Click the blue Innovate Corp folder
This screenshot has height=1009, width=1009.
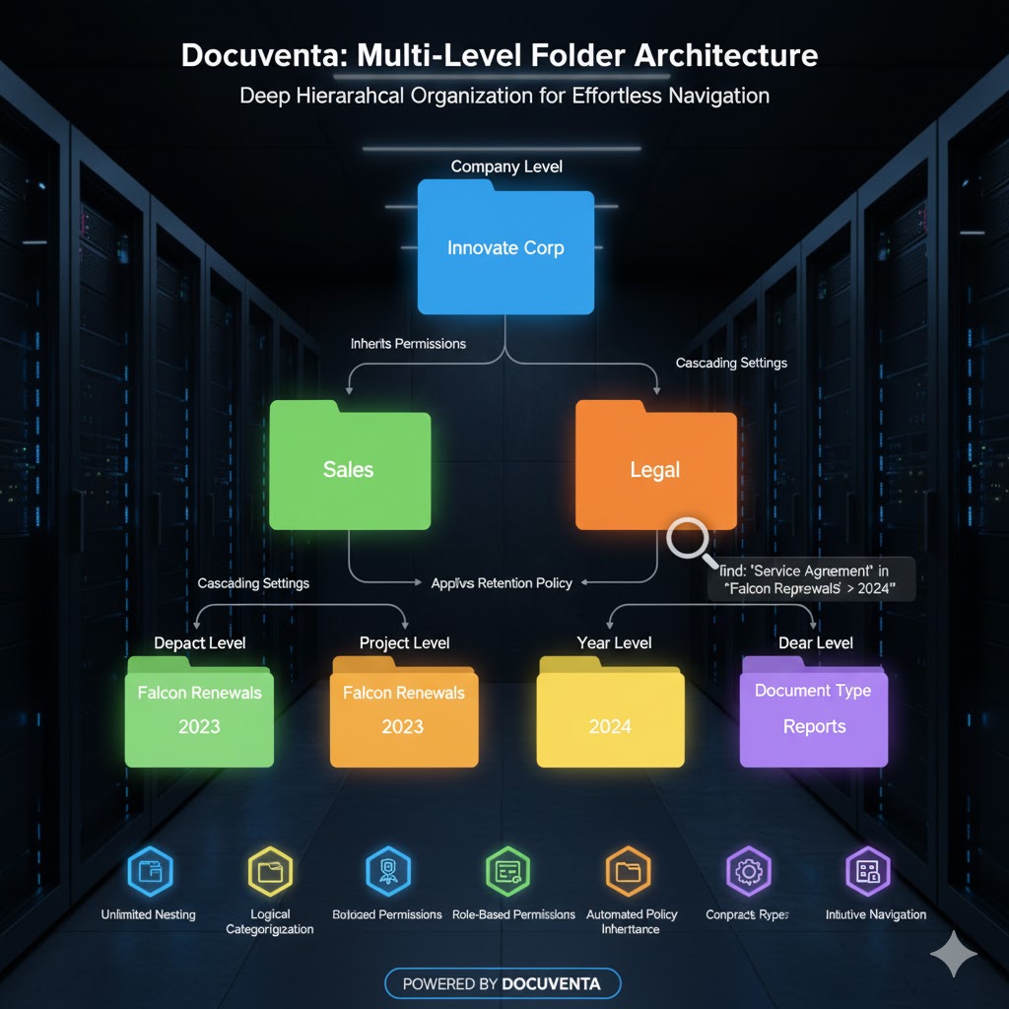pos(505,247)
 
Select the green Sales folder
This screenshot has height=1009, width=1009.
pos(350,468)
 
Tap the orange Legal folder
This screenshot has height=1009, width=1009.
pos(655,468)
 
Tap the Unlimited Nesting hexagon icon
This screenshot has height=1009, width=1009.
pos(150,870)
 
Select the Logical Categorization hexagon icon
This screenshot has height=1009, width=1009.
pos(269,871)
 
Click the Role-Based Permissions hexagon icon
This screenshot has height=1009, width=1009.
pos(508,871)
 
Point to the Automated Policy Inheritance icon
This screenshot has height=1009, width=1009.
pos(628,871)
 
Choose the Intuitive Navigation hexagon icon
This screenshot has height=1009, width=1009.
pos(868,871)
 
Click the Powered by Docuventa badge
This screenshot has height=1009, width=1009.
pos(503,983)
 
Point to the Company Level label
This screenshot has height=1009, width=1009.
pos(506,167)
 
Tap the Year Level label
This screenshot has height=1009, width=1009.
pos(614,642)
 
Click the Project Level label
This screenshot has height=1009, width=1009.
pos(404,642)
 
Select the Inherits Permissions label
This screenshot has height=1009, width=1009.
pos(408,344)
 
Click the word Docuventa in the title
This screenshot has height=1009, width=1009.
pos(258,55)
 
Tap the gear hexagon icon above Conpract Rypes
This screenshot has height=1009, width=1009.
pos(748,871)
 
